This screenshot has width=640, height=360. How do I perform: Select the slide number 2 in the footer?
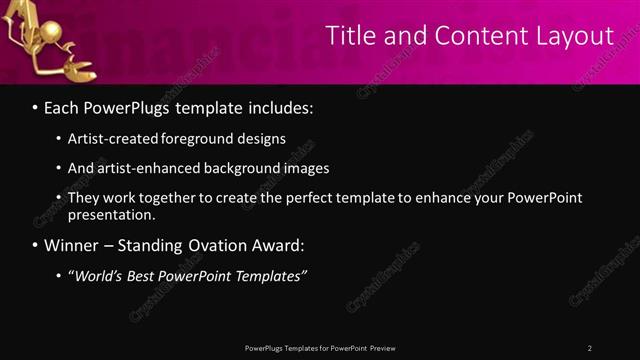[x=590, y=348]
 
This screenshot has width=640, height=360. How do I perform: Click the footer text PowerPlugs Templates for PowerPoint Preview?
[x=320, y=348]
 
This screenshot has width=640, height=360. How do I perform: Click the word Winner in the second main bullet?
[x=73, y=245]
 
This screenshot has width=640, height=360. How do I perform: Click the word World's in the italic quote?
[x=100, y=276]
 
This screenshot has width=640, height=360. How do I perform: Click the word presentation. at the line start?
[x=111, y=214]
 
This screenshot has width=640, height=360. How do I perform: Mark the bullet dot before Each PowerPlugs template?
[x=36, y=106]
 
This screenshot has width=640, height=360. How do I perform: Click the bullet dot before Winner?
[x=36, y=245]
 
